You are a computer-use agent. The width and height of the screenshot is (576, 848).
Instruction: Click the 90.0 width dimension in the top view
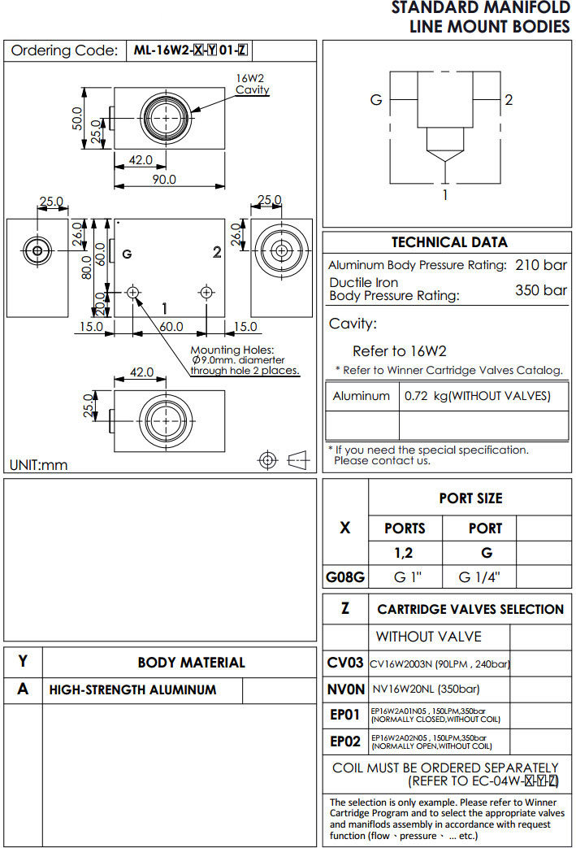click(164, 179)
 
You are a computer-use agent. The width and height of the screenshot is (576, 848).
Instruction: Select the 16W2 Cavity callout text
click(252, 84)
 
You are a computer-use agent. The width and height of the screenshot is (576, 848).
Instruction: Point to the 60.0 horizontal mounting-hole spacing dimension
click(171, 327)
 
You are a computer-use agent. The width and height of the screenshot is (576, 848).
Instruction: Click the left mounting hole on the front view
click(134, 292)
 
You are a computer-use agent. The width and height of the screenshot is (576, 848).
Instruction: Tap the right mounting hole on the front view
click(206, 292)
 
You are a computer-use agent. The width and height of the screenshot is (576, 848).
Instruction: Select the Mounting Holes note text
click(245, 360)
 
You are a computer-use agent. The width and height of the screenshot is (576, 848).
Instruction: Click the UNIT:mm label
click(38, 465)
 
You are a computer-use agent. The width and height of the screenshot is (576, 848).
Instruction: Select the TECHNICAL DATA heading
click(449, 242)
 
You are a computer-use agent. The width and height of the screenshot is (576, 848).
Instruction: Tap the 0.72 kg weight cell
click(477, 397)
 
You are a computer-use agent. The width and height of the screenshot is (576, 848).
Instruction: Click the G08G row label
click(345, 578)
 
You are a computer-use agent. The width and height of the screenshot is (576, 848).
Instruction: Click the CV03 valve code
click(345, 663)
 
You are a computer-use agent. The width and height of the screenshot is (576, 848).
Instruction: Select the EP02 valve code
click(345, 741)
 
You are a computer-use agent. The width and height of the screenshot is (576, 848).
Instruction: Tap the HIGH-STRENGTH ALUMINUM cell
click(133, 689)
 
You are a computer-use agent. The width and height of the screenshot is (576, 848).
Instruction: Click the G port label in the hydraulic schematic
click(376, 100)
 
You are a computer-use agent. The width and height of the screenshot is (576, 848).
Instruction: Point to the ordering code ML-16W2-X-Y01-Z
click(190, 50)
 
